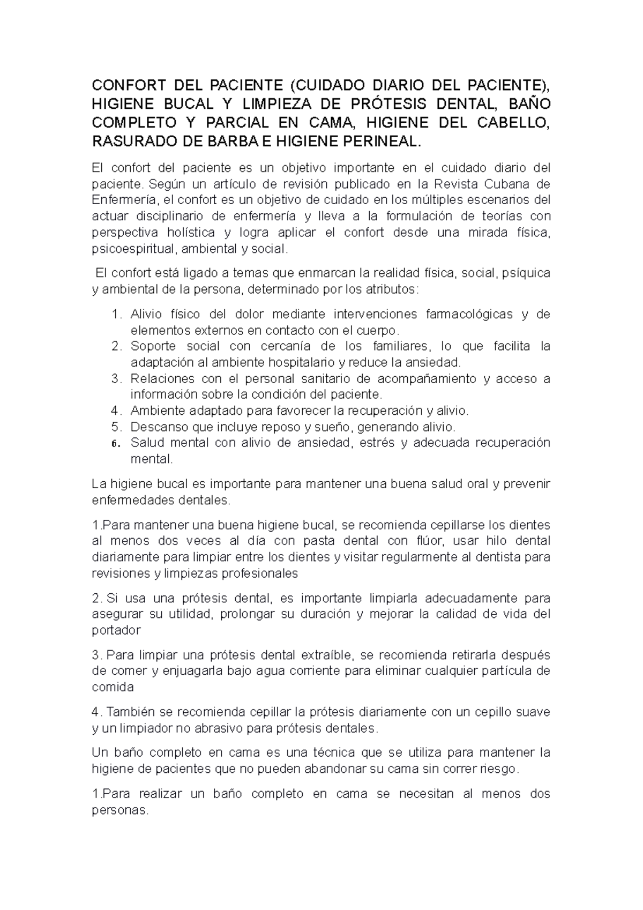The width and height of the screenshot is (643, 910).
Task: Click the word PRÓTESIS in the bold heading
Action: tap(390, 103)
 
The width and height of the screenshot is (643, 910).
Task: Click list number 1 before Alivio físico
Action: tap(117, 314)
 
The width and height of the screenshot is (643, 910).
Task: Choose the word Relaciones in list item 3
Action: tap(161, 379)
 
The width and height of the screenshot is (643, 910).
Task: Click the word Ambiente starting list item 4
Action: tap(157, 411)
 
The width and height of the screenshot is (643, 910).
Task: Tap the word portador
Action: tap(116, 630)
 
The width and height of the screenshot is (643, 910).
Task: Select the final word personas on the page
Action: tap(119, 810)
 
